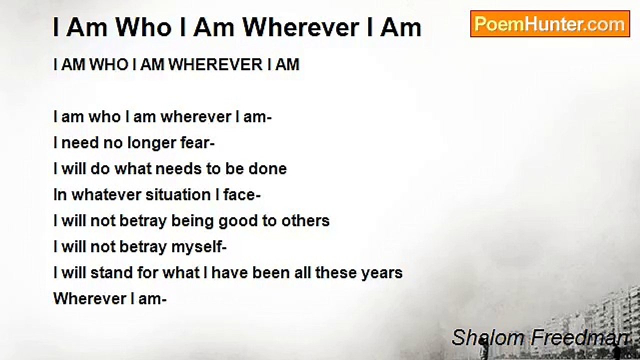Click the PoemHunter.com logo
pyautogui.click(x=550, y=24)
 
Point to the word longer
pyautogui.click(x=140, y=143)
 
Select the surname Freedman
pyautogui.click(x=579, y=338)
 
